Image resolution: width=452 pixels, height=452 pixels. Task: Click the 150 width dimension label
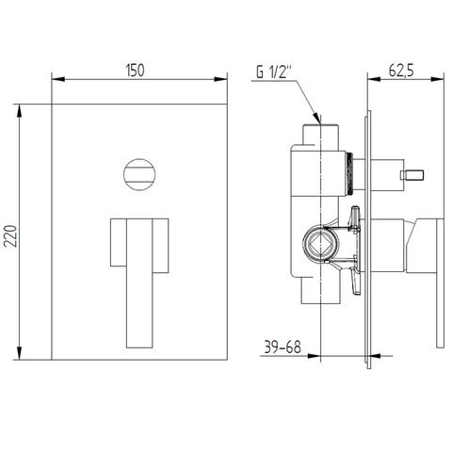click(x=136, y=71)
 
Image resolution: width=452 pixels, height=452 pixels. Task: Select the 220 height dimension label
click(x=13, y=235)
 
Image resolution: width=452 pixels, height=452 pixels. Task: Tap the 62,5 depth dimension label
click(x=401, y=71)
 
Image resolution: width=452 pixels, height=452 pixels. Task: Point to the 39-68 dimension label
click(x=282, y=347)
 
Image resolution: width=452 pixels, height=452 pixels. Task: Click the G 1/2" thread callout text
click(x=274, y=73)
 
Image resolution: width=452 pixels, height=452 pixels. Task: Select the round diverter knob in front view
click(x=139, y=174)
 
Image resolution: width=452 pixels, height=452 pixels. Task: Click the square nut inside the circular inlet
click(x=320, y=246)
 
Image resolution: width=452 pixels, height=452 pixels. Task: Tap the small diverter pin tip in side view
click(x=412, y=175)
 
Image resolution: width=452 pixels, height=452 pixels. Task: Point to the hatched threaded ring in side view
click(x=349, y=174)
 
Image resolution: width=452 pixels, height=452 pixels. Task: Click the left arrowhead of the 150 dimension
click(x=58, y=79)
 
